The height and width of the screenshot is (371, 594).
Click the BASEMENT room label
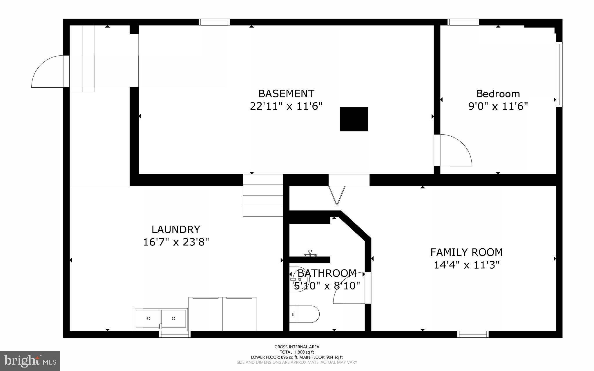click(286, 94)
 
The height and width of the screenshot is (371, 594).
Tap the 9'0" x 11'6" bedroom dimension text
click(498, 106)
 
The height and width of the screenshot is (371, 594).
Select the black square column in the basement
click(354, 119)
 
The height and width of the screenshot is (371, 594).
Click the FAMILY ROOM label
click(466, 252)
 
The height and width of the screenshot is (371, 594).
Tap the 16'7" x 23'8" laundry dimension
click(176, 242)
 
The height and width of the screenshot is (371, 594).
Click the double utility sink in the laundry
click(161, 319)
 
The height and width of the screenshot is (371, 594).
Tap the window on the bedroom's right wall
click(559, 75)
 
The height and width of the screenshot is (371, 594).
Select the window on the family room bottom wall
click(473, 334)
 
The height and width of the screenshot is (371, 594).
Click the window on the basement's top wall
click(214, 22)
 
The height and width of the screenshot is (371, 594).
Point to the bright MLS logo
click(30, 361)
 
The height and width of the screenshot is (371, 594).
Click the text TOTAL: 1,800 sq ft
click(297, 352)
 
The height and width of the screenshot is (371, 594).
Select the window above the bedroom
click(463, 22)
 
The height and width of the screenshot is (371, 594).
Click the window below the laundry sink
click(175, 334)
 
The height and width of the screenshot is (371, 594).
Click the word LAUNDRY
click(176, 229)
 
